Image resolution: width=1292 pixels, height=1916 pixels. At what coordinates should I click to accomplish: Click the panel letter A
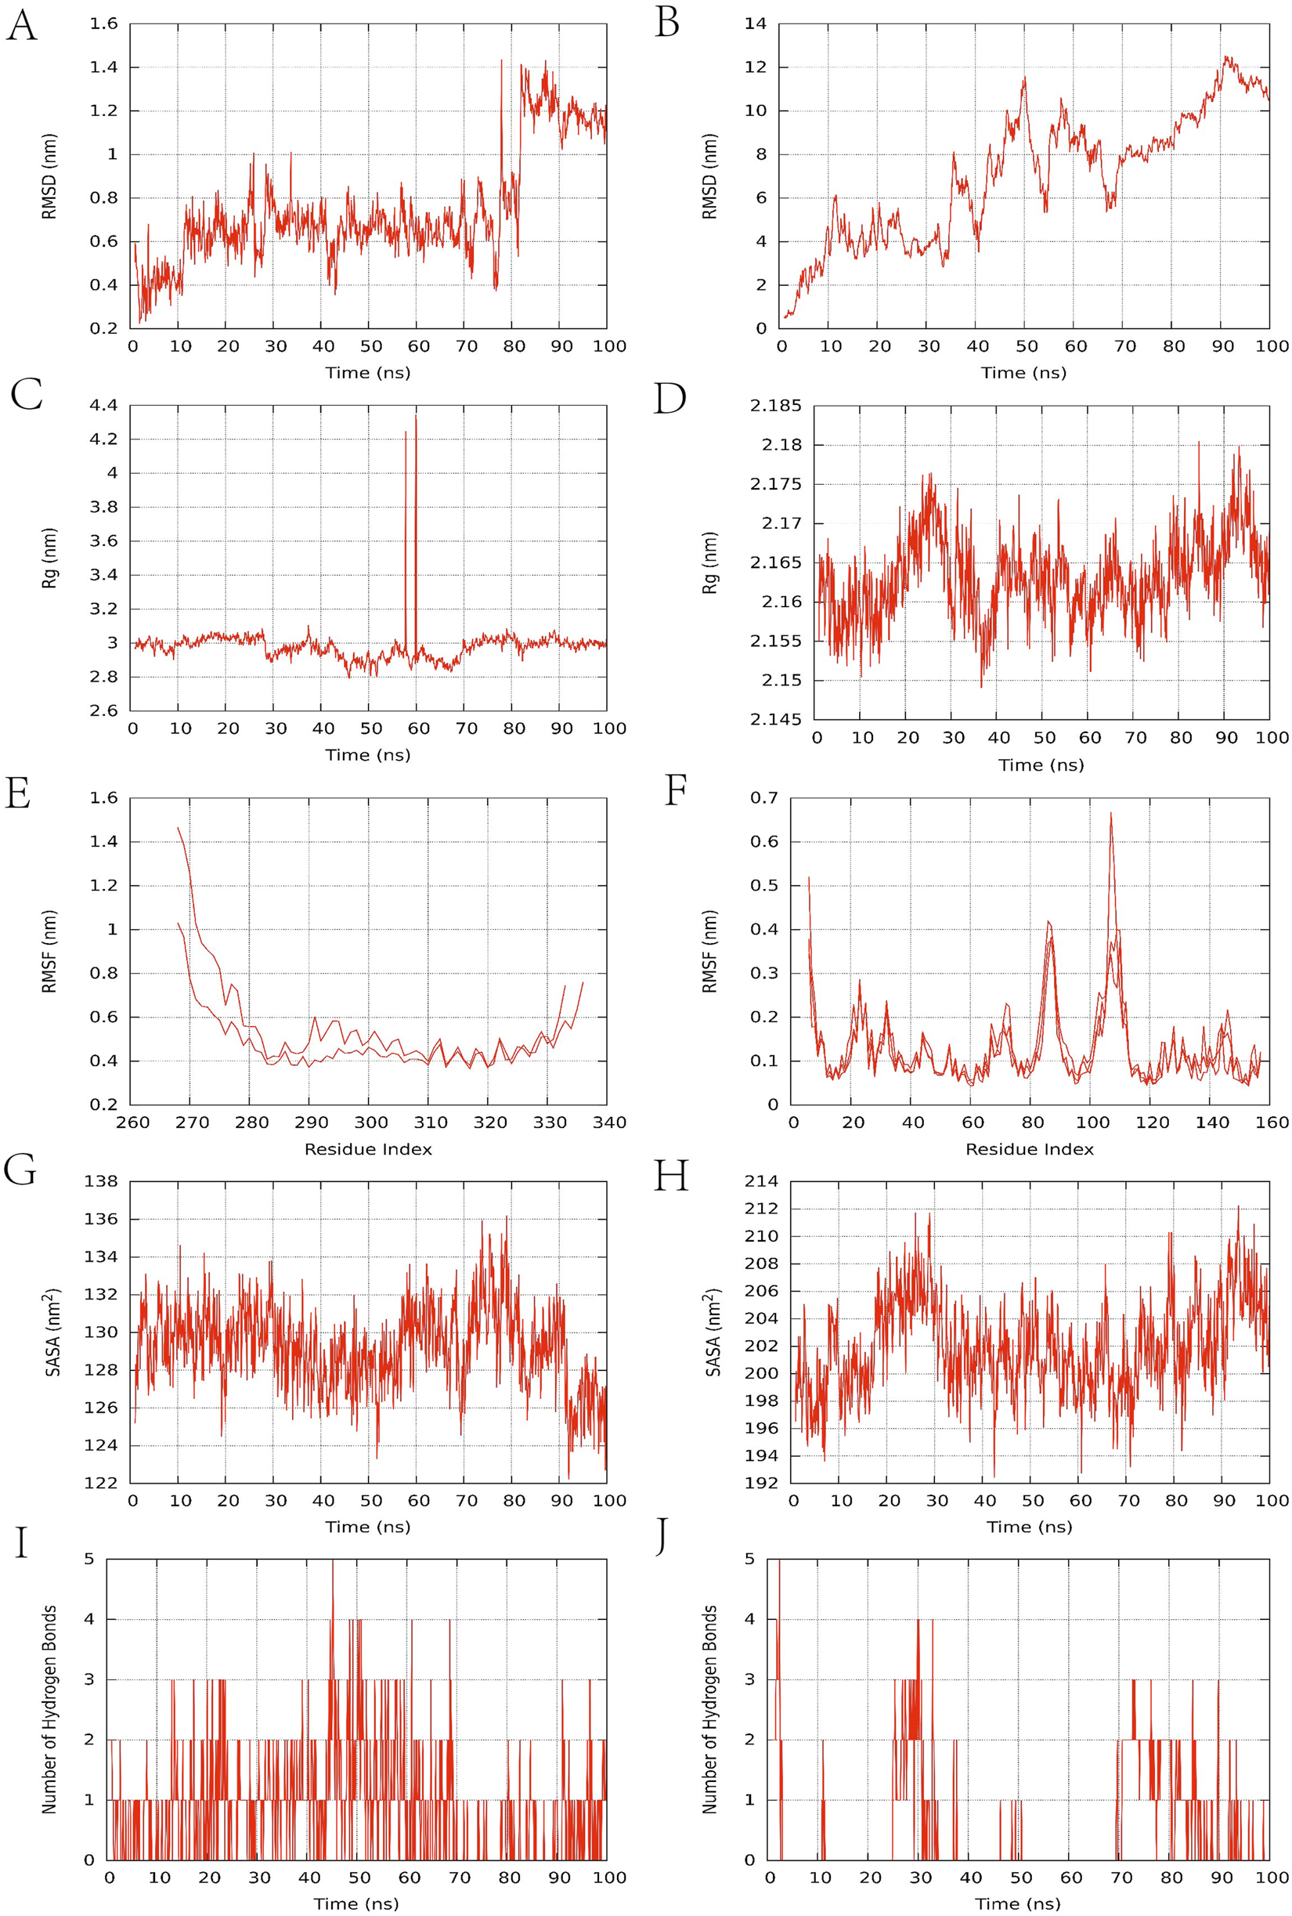pos(21,26)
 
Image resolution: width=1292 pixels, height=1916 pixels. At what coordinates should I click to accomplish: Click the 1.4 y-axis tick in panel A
pos(104,67)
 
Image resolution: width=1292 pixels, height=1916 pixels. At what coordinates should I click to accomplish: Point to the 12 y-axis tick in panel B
pos(755,67)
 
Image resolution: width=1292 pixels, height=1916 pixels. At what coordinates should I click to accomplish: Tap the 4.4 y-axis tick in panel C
pos(104,406)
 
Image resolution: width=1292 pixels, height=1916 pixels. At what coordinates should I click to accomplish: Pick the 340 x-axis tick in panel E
pos(609,1122)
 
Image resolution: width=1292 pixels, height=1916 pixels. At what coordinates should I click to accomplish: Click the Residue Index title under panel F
pos(1029,1149)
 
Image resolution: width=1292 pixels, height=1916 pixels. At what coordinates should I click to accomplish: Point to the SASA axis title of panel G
pos(52,1331)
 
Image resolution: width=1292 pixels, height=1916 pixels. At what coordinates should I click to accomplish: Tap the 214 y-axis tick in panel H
pos(760,1181)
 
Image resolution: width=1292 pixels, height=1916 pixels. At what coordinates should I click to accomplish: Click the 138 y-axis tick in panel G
pos(100,1181)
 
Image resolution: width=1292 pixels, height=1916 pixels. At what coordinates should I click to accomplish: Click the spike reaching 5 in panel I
pos(332,1562)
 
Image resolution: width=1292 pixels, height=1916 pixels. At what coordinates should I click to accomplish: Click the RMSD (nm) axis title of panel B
pos(709,176)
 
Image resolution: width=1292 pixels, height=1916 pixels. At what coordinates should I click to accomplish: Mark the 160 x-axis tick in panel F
pos(1272,1122)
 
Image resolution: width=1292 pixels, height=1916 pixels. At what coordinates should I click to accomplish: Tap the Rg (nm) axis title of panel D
pos(709,563)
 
